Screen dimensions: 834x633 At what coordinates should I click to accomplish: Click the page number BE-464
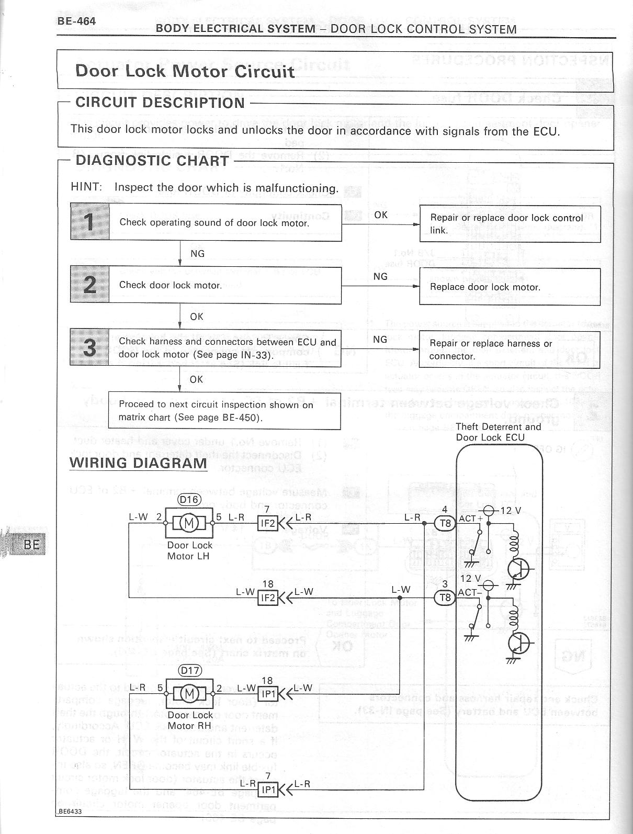(76, 22)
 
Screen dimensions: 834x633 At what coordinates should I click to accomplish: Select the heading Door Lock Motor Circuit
(185, 71)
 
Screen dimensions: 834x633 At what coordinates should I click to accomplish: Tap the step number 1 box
(90, 222)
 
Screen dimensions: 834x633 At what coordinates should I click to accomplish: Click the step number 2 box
(90, 285)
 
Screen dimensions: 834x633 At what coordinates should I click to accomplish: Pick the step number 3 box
(90, 347)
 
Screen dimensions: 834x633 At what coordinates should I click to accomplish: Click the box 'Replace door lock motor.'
(510, 287)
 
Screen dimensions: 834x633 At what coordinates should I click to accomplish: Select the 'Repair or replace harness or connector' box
(510, 350)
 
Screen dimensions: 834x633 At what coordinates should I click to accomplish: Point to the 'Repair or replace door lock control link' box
(510, 224)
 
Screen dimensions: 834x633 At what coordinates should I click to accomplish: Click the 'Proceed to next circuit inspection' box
(224, 411)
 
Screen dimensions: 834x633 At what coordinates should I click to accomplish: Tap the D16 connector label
(189, 500)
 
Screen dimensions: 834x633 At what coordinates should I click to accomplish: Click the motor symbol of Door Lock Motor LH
(189, 523)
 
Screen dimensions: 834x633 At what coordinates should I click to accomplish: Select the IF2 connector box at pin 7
(267, 523)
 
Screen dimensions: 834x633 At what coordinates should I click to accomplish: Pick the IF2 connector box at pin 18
(267, 598)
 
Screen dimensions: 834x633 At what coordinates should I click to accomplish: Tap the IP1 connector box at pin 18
(267, 694)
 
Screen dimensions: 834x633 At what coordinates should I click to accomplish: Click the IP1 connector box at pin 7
(267, 789)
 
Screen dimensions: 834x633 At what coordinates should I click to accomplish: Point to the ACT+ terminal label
(470, 519)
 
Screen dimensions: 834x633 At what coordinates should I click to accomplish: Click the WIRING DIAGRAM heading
(138, 463)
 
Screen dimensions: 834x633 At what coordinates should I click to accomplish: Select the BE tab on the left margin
(31, 544)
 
